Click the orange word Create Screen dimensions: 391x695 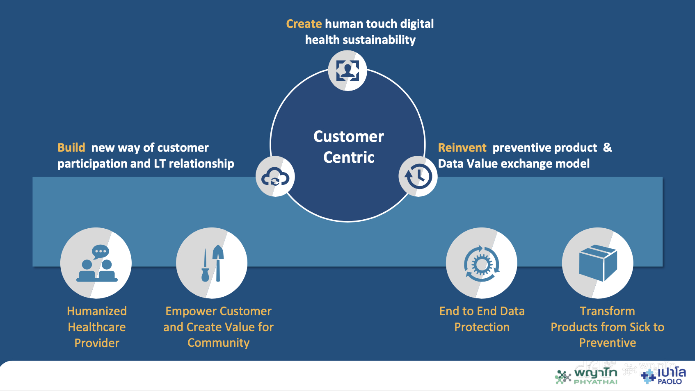[x=304, y=24]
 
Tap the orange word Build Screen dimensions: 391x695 [x=71, y=148]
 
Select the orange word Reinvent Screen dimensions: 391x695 [x=462, y=148]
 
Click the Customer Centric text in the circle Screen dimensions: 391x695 [x=349, y=147]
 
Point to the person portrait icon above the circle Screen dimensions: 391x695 [x=347, y=70]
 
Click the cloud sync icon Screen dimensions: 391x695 [x=275, y=177]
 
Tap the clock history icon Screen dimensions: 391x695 [x=418, y=176]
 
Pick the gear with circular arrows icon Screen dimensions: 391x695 [x=482, y=264]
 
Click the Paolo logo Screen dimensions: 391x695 [x=664, y=375]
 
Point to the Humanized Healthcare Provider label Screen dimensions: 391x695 [x=97, y=327]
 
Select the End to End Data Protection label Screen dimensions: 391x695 [x=482, y=319]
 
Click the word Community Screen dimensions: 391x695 [x=218, y=343]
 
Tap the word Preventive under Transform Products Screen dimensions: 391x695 [x=608, y=343]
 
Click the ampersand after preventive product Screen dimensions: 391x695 [x=607, y=148]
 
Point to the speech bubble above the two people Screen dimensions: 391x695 [x=101, y=251]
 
